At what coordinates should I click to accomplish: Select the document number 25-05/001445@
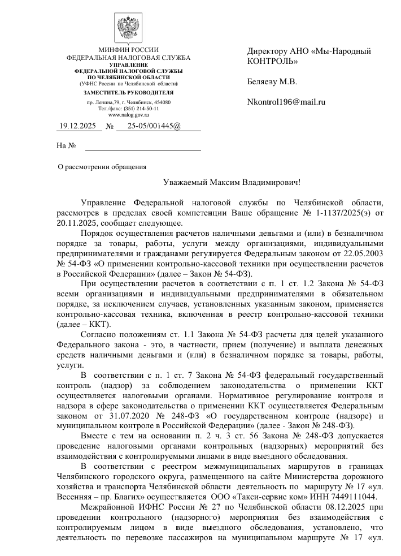pyautogui.click(x=154, y=126)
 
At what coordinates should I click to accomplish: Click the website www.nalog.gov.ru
pyautogui.click(x=128, y=115)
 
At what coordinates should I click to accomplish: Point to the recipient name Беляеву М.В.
pyautogui.click(x=272, y=81)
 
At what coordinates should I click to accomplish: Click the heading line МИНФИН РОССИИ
pyautogui.click(x=128, y=50)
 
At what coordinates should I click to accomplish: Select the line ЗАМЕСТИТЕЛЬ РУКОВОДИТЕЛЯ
pyautogui.click(x=128, y=92)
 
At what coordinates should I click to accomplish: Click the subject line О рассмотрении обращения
pyautogui.click(x=103, y=167)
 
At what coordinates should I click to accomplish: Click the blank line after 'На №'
pyautogui.click(x=142, y=146)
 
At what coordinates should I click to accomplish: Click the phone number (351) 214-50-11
pyautogui.click(x=141, y=108)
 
